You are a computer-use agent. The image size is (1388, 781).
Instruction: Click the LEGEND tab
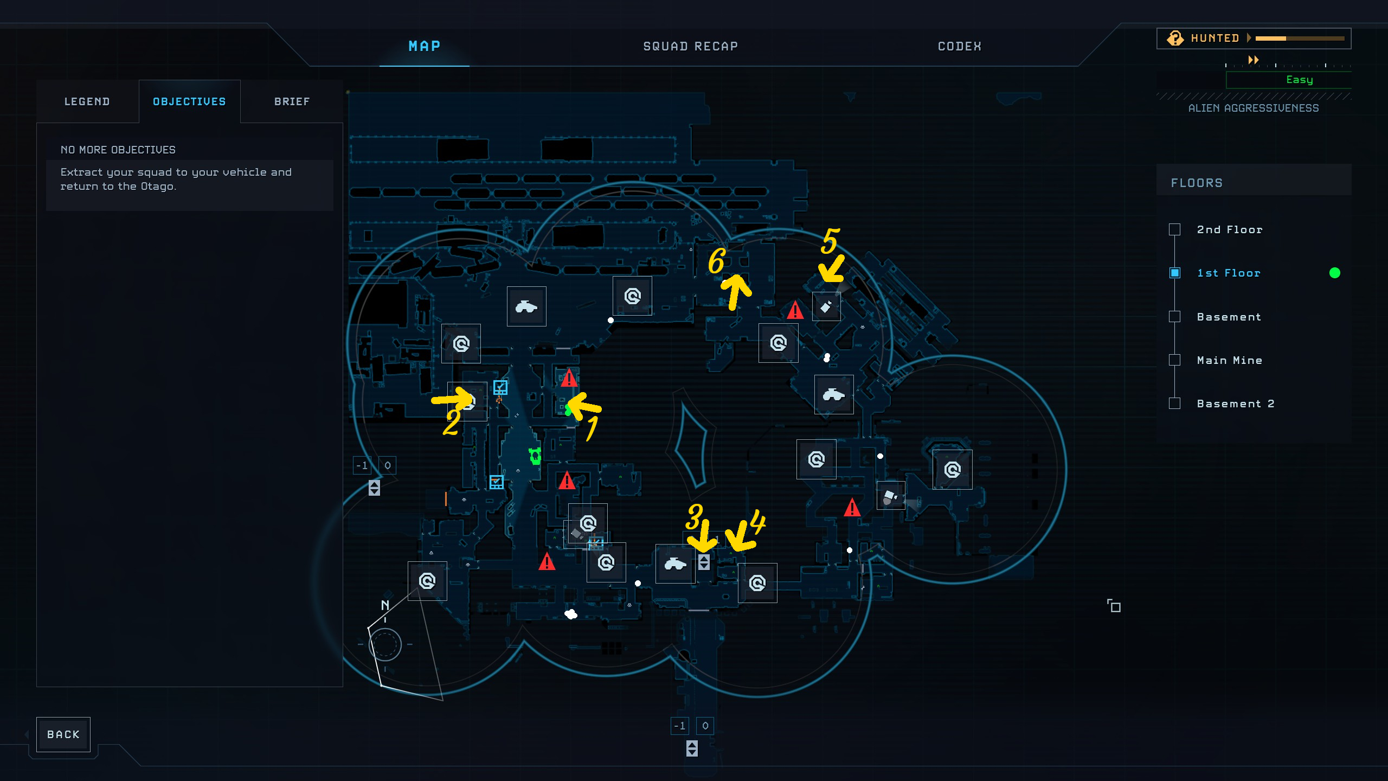87,101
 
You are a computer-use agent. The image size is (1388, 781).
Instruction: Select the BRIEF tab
292,101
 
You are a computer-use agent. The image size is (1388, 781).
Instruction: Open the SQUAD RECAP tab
690,47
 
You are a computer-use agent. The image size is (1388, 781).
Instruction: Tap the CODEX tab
959,47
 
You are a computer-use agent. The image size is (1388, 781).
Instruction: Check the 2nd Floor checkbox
1174,229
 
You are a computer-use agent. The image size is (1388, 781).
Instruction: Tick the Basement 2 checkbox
1174,404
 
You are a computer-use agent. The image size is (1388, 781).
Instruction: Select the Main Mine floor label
1229,360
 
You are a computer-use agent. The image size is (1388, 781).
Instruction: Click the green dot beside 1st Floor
1334,273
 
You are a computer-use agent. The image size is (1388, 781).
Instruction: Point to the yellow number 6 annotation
716,261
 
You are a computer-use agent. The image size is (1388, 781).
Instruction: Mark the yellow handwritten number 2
451,422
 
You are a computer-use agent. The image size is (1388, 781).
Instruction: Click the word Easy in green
1299,80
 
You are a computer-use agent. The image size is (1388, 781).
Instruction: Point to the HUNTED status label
1214,38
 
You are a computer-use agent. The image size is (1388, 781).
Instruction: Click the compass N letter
385,605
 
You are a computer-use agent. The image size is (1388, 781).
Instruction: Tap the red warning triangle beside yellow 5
795,310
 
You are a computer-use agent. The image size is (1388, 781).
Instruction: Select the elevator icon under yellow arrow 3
704,562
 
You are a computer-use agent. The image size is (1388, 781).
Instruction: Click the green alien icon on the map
535,456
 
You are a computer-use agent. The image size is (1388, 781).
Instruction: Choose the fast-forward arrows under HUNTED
1253,60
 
